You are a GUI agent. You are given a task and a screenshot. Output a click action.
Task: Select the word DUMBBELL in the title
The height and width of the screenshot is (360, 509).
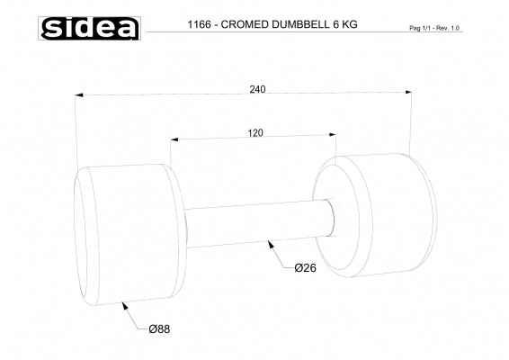299,25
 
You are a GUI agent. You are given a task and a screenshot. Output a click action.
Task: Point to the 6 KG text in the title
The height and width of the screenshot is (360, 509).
344,25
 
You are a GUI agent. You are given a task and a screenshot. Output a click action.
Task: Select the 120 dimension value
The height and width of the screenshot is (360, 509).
255,132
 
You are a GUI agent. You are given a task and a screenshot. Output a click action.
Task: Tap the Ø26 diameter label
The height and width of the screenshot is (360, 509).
306,268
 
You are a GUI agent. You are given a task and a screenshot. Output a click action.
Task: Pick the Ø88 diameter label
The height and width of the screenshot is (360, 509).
159,329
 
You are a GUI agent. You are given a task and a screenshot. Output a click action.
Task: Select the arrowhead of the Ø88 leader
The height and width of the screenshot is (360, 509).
122,305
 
